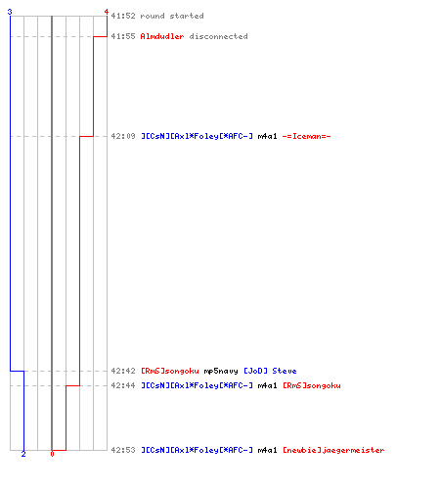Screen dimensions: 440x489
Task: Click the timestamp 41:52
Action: pos(123,16)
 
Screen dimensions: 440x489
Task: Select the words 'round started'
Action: pos(172,16)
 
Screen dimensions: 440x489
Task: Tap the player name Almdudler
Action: pos(162,36)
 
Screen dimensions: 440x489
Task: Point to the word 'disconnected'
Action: pos(218,36)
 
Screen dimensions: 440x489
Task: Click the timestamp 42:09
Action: pos(123,136)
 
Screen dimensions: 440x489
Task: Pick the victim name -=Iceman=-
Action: pos(306,136)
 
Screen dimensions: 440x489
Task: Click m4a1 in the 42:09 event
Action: pos(267,136)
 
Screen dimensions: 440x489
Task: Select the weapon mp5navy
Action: pos(221,371)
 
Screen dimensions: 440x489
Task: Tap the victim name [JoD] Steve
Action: pos(270,371)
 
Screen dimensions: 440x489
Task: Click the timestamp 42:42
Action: pos(123,371)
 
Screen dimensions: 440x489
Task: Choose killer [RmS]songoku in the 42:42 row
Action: pos(170,371)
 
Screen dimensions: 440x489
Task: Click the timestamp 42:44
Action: pos(123,385)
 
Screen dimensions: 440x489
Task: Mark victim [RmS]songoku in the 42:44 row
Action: pos(312,385)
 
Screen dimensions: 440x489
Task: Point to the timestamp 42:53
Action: pos(123,450)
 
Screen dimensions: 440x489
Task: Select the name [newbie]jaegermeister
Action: pos(333,450)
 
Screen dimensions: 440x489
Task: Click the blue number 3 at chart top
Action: pos(10,12)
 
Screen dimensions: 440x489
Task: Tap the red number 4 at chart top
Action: pos(107,12)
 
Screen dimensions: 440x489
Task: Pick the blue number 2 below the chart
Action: pos(23,454)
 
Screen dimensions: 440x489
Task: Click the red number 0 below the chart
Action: pos(52,454)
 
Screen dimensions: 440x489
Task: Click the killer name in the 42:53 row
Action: pos(197,450)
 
